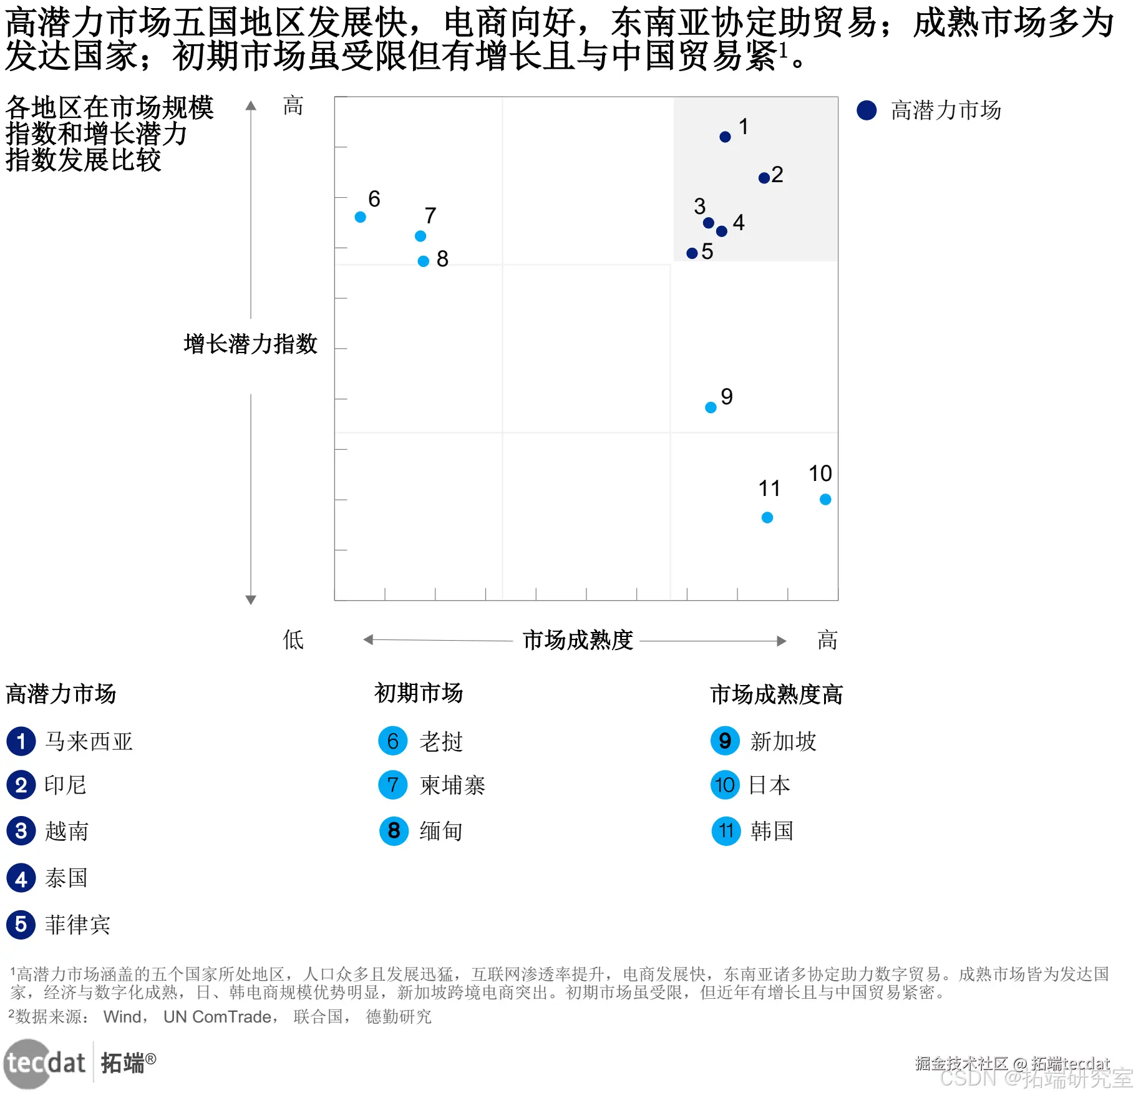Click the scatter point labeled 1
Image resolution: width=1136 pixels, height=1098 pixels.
pos(725,137)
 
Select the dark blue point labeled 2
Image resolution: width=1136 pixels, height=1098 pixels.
pos(764,178)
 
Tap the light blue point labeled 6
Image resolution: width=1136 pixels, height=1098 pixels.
pos(360,217)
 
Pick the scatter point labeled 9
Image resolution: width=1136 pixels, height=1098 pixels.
pos(711,407)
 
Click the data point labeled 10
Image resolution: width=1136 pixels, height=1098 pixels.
pos(825,499)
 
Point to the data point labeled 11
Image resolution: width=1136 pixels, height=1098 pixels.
pos(767,517)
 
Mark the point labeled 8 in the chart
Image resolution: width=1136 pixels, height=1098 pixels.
pos(424,261)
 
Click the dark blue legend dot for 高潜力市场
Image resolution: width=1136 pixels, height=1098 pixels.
pos(867,110)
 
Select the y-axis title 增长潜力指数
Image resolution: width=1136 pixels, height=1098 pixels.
pos(251,344)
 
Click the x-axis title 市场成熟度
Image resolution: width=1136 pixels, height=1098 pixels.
pos(578,640)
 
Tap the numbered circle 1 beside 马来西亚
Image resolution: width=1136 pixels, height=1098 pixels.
pos(21,741)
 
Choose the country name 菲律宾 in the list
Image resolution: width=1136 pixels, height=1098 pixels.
pos(77,925)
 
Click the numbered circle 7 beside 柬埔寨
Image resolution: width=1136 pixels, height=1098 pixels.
pos(393,785)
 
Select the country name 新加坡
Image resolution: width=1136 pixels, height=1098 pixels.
pos(783,741)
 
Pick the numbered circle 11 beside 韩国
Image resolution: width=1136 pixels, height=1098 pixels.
pos(726,831)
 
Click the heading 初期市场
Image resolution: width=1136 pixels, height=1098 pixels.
pos(419,693)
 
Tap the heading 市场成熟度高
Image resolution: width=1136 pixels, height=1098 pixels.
pos(776,694)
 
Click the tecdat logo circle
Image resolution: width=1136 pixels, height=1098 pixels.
pos(28,1064)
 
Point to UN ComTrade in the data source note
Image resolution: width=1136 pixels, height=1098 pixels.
pos(218,1017)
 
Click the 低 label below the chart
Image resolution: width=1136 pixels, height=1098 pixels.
pos(293,640)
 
